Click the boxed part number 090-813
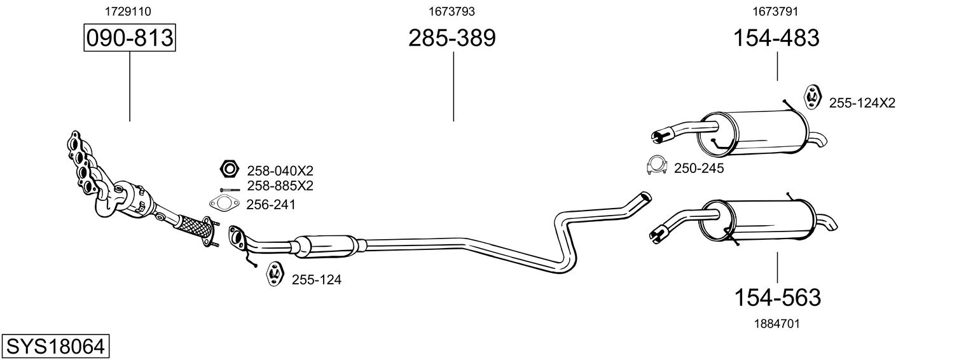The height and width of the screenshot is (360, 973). [x=130, y=38]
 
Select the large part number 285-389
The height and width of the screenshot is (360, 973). [x=452, y=38]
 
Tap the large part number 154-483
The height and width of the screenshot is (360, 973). [x=776, y=38]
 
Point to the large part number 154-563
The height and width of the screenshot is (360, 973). [x=777, y=297]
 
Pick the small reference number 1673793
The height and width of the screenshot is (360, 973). [x=452, y=11]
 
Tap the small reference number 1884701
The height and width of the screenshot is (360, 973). [x=776, y=324]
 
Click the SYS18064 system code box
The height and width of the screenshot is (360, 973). [x=55, y=346]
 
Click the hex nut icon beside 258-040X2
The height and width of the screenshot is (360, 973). [x=228, y=169]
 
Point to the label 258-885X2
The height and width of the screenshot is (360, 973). [x=280, y=186]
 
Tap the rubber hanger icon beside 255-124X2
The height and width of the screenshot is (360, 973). [x=812, y=96]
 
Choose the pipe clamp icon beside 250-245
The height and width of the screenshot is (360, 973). [x=655, y=165]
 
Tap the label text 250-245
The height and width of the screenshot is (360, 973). [x=698, y=169]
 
